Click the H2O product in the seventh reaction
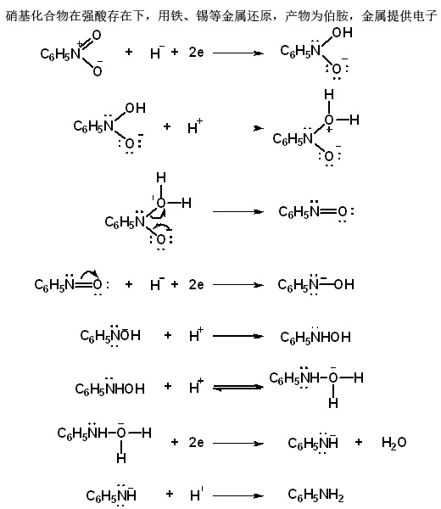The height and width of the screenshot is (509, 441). coord(394,443)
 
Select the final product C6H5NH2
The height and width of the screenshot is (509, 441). coord(315,495)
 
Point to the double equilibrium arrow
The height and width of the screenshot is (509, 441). coord(237,388)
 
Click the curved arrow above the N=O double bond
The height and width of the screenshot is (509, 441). coord(89,275)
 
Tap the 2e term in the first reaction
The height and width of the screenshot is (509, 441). coord(196,52)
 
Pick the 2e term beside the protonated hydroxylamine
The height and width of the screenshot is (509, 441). coord(196,442)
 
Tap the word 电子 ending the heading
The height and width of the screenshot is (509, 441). coord(425,15)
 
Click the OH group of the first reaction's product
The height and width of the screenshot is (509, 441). coord(342,32)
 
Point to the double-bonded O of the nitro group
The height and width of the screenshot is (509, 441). coord(97,35)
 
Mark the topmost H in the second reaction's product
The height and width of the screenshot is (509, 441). coord(329,95)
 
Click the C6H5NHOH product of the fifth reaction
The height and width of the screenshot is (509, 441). coord(315,336)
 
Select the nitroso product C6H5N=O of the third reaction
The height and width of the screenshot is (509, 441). coord(316,211)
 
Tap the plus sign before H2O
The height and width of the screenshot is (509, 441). coord(359,442)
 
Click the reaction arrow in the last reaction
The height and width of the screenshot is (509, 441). coord(237,495)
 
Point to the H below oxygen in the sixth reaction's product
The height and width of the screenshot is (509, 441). coord(333,403)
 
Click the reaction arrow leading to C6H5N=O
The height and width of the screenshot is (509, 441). coord(237,211)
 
